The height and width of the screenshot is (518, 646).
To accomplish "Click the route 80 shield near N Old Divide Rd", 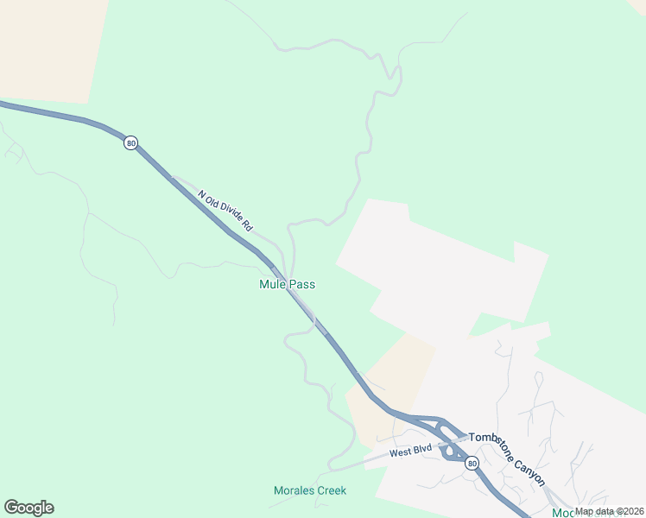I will point(130,143).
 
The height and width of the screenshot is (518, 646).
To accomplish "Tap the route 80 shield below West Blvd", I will point(472,464).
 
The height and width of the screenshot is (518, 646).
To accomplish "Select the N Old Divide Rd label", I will point(225,211).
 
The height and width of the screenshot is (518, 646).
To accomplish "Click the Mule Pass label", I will point(287,284).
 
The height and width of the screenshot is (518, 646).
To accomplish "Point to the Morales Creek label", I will point(310,490).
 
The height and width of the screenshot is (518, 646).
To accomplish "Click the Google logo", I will point(28,508).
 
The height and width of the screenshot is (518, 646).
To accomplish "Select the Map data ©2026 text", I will point(610,511).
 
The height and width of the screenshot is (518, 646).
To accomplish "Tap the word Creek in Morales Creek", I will point(332,490).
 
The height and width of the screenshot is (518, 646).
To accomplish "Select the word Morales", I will point(294,490).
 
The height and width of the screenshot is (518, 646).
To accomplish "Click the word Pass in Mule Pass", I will point(302,284).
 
